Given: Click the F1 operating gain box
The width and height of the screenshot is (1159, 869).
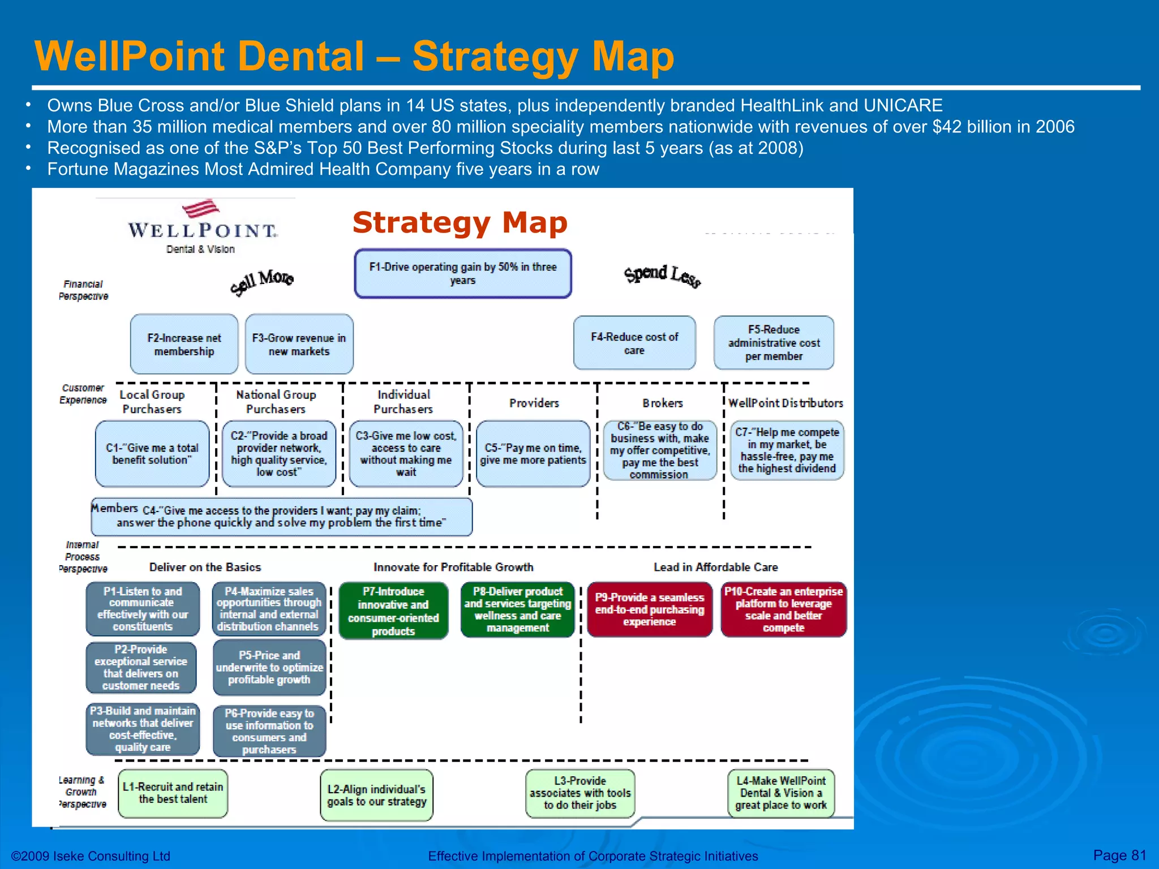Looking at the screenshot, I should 462,274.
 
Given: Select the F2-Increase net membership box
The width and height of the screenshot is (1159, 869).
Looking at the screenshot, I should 184,344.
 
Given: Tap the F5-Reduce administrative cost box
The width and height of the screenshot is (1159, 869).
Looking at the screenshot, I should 774,343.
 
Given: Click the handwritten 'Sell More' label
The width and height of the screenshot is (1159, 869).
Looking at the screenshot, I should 261,281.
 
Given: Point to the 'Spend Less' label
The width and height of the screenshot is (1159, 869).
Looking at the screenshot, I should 663,276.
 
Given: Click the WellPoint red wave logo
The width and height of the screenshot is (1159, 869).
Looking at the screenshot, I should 201,209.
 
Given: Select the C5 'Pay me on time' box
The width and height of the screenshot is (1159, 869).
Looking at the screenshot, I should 533,454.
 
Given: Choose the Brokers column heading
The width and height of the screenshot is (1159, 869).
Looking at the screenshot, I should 662,403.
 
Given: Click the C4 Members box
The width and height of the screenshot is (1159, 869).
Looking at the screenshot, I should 281,517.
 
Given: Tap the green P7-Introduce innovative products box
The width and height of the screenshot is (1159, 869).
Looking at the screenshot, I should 393,611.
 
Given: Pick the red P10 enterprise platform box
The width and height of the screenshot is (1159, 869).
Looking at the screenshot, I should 783,609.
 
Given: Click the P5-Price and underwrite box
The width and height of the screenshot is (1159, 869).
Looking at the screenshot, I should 269,668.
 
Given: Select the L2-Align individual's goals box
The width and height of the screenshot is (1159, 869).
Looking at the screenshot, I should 376,795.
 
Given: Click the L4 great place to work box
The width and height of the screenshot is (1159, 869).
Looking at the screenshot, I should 781,793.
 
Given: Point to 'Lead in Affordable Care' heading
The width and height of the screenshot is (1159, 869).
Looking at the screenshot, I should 715,567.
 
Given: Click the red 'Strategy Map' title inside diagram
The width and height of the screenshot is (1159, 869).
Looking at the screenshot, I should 460,222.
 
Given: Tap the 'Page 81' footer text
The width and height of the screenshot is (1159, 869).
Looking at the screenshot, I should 1119,855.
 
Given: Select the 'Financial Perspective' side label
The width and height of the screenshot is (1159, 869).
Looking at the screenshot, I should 83,290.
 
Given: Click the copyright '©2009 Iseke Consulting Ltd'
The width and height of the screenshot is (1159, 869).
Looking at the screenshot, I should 91,856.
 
